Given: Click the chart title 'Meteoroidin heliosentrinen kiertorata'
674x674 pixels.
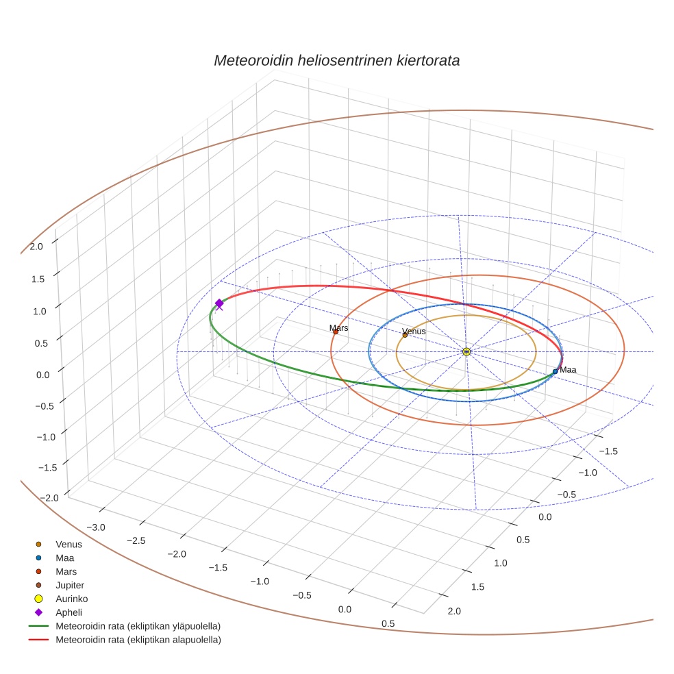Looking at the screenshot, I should pyautogui.click(x=336, y=60).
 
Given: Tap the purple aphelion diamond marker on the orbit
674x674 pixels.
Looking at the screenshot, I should pyautogui.click(x=219, y=303).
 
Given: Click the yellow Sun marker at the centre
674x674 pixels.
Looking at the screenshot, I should pyautogui.click(x=466, y=351).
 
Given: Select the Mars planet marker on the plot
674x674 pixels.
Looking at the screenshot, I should pyautogui.click(x=336, y=332).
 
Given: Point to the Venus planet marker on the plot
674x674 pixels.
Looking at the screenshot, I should pyautogui.click(x=405, y=335).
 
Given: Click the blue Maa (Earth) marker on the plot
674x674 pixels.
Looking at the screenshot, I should pyautogui.click(x=555, y=371).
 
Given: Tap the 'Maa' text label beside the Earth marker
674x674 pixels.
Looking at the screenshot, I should pyautogui.click(x=568, y=370).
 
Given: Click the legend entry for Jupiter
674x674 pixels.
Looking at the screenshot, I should pyautogui.click(x=69, y=585).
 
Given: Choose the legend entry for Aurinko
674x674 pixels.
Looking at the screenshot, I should pyautogui.click(x=71, y=599).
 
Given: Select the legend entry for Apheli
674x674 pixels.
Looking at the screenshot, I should pyautogui.click(x=68, y=612).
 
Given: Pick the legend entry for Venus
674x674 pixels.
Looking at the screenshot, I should pyautogui.click(x=68, y=544).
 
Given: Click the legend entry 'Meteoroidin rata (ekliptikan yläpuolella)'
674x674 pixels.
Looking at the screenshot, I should pyautogui.click(x=138, y=626).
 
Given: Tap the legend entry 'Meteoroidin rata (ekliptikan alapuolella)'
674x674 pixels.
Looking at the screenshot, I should pyautogui.click(x=138, y=640).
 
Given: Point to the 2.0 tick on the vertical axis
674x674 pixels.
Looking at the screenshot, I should pyautogui.click(x=36, y=247).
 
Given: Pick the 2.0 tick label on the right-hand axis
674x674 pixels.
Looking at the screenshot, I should pyautogui.click(x=453, y=611).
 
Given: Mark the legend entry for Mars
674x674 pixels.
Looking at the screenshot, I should pyautogui.click(x=66, y=571).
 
